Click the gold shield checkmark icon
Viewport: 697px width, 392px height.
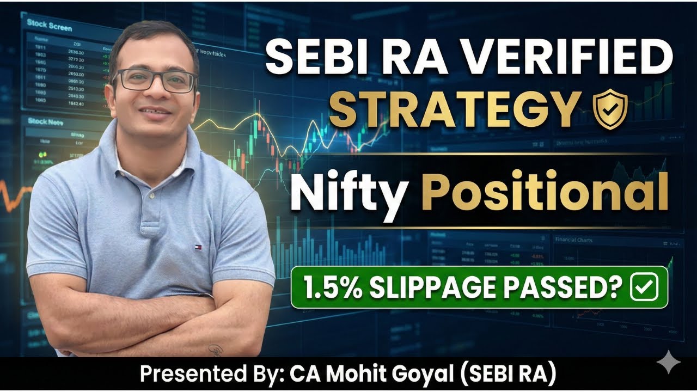[610, 108]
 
